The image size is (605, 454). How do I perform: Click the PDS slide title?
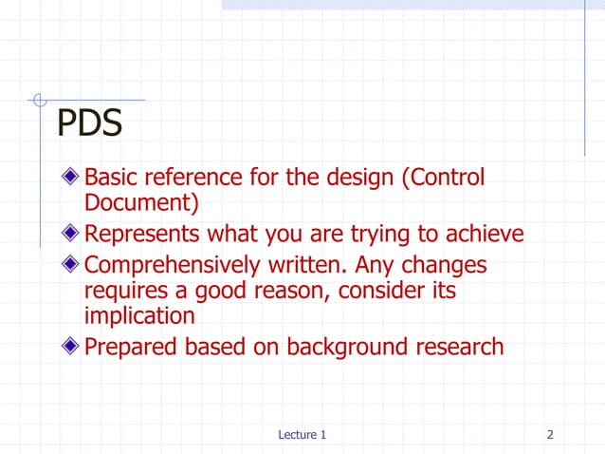(90, 123)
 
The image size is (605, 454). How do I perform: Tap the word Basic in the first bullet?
(111, 178)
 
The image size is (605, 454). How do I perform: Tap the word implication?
(140, 314)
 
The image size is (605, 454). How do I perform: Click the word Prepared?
(130, 347)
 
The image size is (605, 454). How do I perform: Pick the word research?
(462, 347)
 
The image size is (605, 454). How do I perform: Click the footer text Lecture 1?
(302, 435)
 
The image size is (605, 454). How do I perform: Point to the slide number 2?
(550, 435)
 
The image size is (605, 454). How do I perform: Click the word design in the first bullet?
(343, 178)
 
